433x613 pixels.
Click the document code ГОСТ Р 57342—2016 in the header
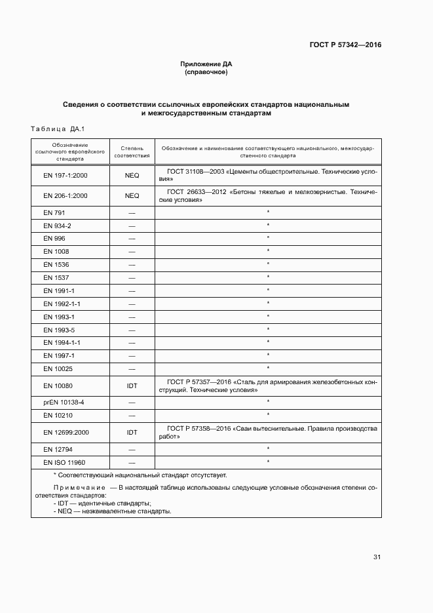click(x=345, y=45)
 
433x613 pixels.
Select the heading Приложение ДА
click(x=206, y=64)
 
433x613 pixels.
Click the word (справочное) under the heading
click(x=206, y=72)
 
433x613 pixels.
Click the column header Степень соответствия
click(x=132, y=152)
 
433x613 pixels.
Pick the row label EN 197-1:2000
click(x=66, y=176)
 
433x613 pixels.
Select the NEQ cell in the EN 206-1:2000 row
click(x=132, y=196)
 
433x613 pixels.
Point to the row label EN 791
click(x=54, y=213)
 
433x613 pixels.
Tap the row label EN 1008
click(x=56, y=252)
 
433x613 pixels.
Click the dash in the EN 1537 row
click(x=132, y=278)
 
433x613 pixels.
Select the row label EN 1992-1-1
click(x=62, y=304)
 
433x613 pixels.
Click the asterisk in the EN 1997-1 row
click(x=268, y=355)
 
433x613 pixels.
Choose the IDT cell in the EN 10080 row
click(x=132, y=386)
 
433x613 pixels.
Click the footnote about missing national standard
click(x=140, y=475)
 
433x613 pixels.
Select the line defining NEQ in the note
click(x=112, y=511)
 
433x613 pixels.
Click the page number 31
click(x=377, y=557)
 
